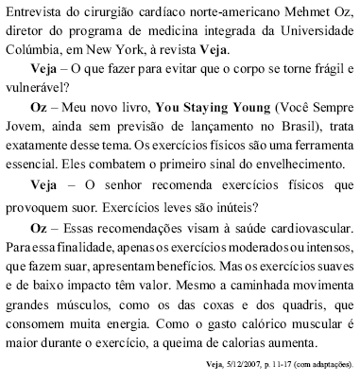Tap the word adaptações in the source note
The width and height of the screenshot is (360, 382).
pyautogui.click(x=332, y=373)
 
